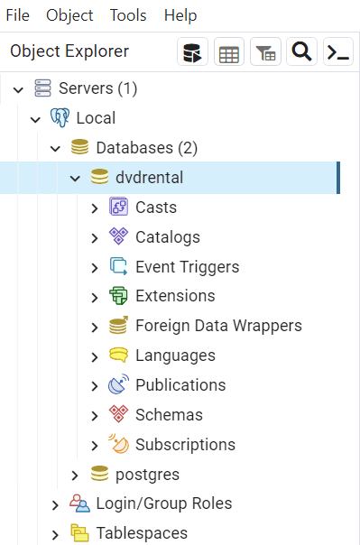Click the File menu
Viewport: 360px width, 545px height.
pyautogui.click(x=18, y=15)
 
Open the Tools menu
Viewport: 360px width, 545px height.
pyautogui.click(x=128, y=15)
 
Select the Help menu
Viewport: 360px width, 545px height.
pyautogui.click(x=180, y=15)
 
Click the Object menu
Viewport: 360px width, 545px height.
pyautogui.click(x=69, y=15)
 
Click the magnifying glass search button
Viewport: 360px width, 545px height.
pyautogui.click(x=301, y=51)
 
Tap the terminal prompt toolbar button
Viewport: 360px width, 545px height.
pyautogui.click(x=338, y=51)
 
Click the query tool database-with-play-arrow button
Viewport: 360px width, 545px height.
pyautogui.click(x=192, y=51)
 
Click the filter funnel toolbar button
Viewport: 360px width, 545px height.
pyautogui.click(x=265, y=51)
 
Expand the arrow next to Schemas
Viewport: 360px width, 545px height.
pyautogui.click(x=95, y=416)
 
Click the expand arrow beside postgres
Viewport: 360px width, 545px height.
pyautogui.click(x=75, y=476)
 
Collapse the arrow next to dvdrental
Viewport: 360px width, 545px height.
pyautogui.click(x=75, y=179)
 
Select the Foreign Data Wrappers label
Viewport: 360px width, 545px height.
pyautogui.click(x=218, y=326)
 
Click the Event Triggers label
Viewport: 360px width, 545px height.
pyautogui.click(x=188, y=267)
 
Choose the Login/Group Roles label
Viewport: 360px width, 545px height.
pyautogui.click(x=164, y=503)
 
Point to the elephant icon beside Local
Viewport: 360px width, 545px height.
pyautogui.click(x=60, y=117)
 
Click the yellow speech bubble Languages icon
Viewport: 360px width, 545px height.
pyautogui.click(x=118, y=355)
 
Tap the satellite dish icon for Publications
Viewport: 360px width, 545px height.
pyautogui.click(x=118, y=384)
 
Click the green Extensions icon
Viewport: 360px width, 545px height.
pyautogui.click(x=118, y=296)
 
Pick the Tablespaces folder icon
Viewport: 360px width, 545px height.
pyautogui.click(x=79, y=532)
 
